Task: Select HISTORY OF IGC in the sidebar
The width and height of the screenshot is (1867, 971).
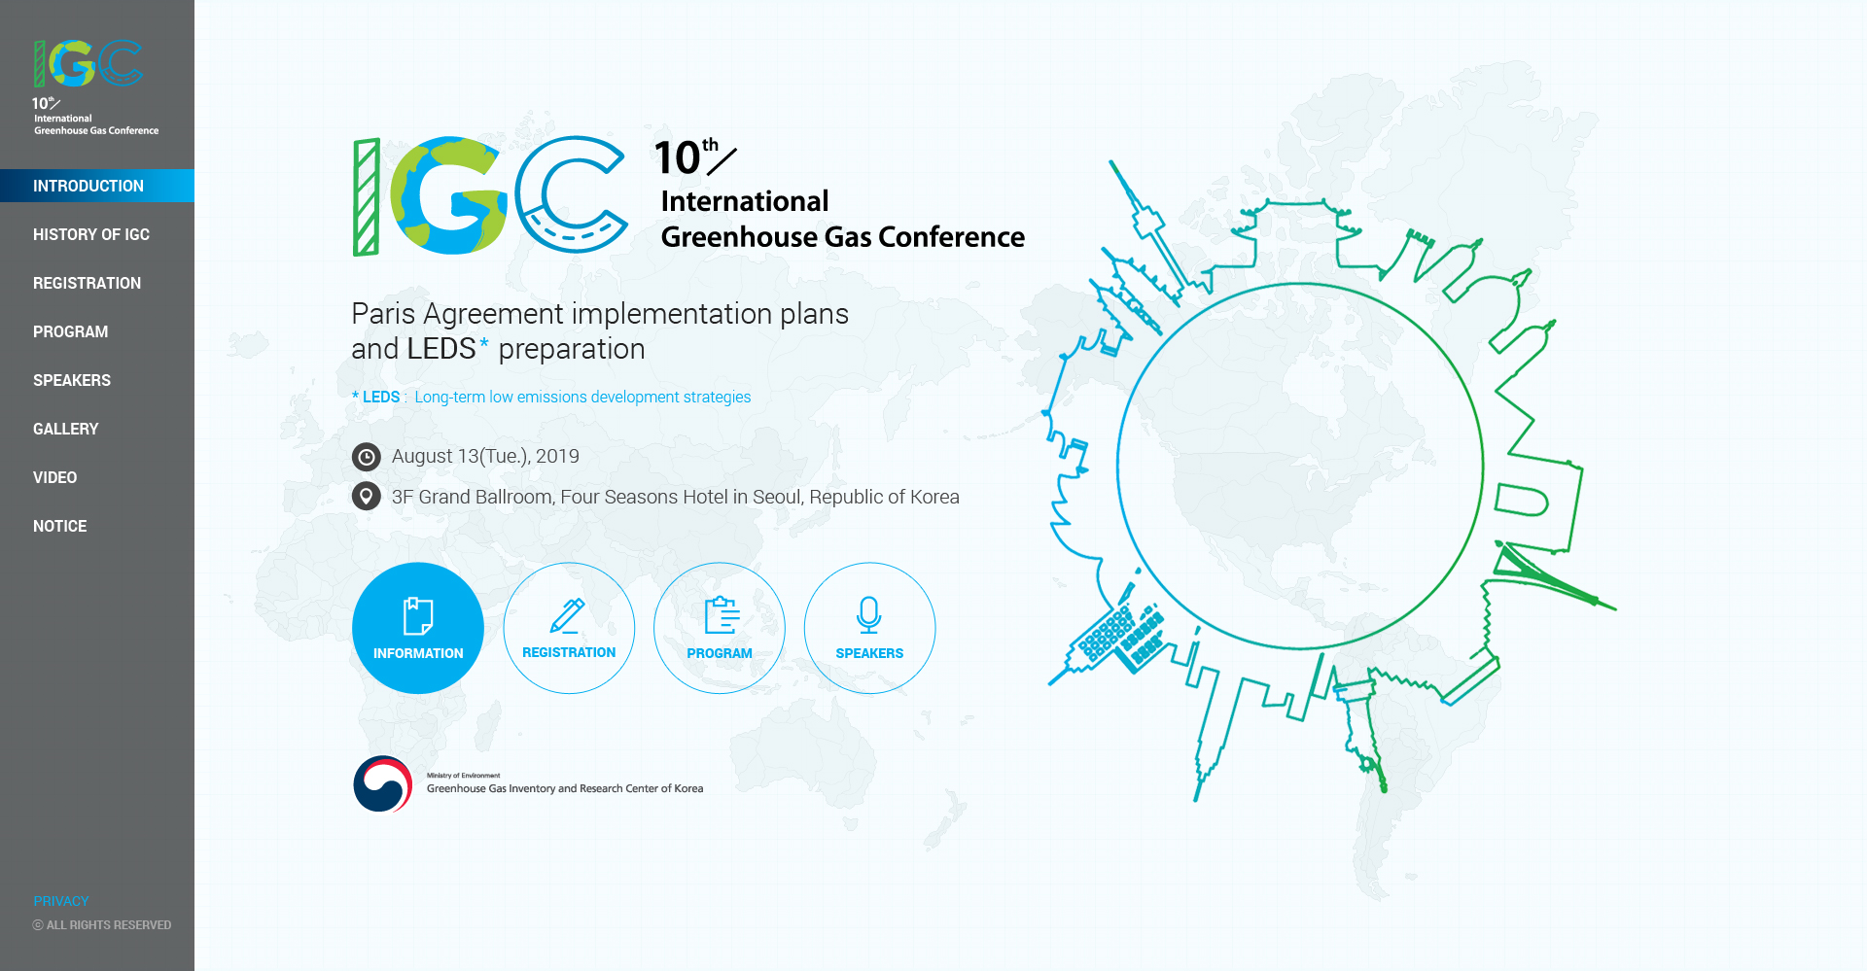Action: [91, 234]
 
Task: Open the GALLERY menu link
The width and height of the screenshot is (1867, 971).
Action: [66, 429]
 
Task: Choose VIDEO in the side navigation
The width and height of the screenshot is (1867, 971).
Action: [55, 477]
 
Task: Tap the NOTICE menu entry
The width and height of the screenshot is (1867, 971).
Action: [60, 526]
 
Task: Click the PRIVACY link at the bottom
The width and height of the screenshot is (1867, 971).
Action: [61, 901]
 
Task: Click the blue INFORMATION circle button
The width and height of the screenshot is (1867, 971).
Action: [418, 628]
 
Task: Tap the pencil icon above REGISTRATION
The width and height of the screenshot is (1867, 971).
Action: [567, 615]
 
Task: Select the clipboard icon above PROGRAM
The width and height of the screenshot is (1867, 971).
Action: [722, 615]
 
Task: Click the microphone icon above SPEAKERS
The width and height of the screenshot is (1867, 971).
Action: [869, 615]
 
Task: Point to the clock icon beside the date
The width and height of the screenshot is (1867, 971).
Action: [367, 457]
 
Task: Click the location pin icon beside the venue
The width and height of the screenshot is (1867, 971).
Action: [367, 497]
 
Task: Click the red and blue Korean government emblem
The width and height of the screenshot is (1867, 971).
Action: [383, 783]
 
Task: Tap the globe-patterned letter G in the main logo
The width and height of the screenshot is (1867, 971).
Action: [449, 195]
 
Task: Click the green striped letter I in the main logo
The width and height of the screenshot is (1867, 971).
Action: [367, 197]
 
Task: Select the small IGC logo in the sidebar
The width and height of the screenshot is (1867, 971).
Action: [88, 63]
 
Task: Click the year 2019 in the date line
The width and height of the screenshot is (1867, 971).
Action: [557, 456]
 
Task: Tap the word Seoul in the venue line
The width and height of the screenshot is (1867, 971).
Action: [778, 497]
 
